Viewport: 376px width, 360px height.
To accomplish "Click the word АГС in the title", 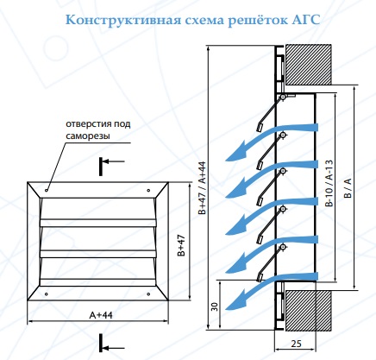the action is tap(306, 21).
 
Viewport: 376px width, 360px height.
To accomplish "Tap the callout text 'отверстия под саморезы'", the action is tap(98, 129).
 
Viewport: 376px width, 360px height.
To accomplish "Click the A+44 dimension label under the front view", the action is tap(101, 315).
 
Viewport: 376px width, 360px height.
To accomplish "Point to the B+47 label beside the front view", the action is tap(181, 245).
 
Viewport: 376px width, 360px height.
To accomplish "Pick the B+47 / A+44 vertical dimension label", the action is tap(202, 188).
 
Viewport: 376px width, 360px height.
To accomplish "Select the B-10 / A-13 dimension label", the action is tap(329, 183).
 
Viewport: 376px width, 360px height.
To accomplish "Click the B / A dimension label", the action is tap(348, 188).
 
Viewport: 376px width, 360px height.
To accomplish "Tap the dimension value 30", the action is tap(215, 306).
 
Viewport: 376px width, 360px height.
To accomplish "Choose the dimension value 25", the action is tap(296, 344).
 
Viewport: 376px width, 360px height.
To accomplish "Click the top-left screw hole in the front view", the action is tap(47, 190).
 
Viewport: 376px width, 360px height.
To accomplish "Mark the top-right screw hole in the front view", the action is tap(148, 190).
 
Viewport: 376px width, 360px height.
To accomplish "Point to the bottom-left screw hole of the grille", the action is tap(47, 294).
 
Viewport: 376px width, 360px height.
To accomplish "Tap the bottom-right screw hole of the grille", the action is tap(148, 294).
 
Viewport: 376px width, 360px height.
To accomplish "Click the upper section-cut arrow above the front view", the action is tap(113, 161).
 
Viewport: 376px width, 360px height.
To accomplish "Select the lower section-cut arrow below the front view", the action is tap(113, 348).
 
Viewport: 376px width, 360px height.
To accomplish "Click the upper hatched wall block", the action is tap(308, 65).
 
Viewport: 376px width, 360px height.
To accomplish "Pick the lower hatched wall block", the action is tap(308, 310).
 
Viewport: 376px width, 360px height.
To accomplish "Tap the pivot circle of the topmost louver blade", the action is tap(283, 98).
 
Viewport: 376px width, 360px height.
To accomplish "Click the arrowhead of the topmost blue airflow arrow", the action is tap(235, 154).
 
